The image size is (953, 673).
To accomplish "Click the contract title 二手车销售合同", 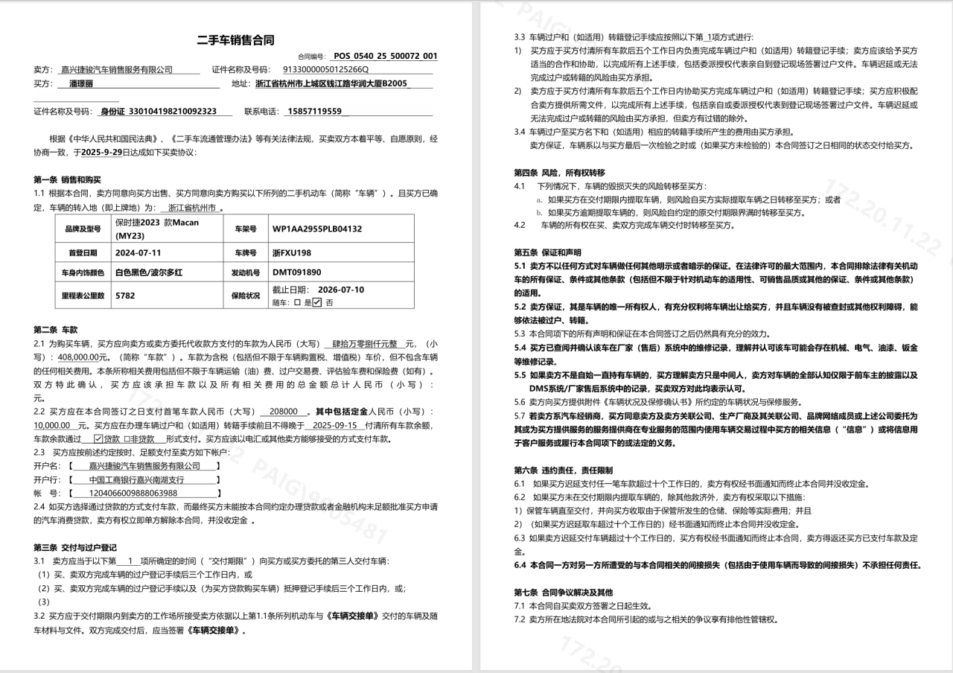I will click(235, 40).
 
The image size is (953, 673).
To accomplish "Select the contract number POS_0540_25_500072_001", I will click(385, 56).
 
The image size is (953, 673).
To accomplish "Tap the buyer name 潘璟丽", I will click(81, 83).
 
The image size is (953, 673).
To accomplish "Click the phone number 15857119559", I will click(313, 111).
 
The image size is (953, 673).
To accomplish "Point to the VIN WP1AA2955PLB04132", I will click(317, 229).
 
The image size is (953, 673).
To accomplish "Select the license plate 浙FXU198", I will click(292, 253).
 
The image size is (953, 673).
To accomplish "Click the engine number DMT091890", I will click(297, 272).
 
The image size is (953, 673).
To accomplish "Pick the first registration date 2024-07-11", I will click(138, 253).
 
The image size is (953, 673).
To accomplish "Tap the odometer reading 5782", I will click(125, 295).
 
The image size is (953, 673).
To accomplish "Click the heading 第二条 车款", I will click(56, 329).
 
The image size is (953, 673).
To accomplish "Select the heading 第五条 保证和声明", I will click(549, 252).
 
